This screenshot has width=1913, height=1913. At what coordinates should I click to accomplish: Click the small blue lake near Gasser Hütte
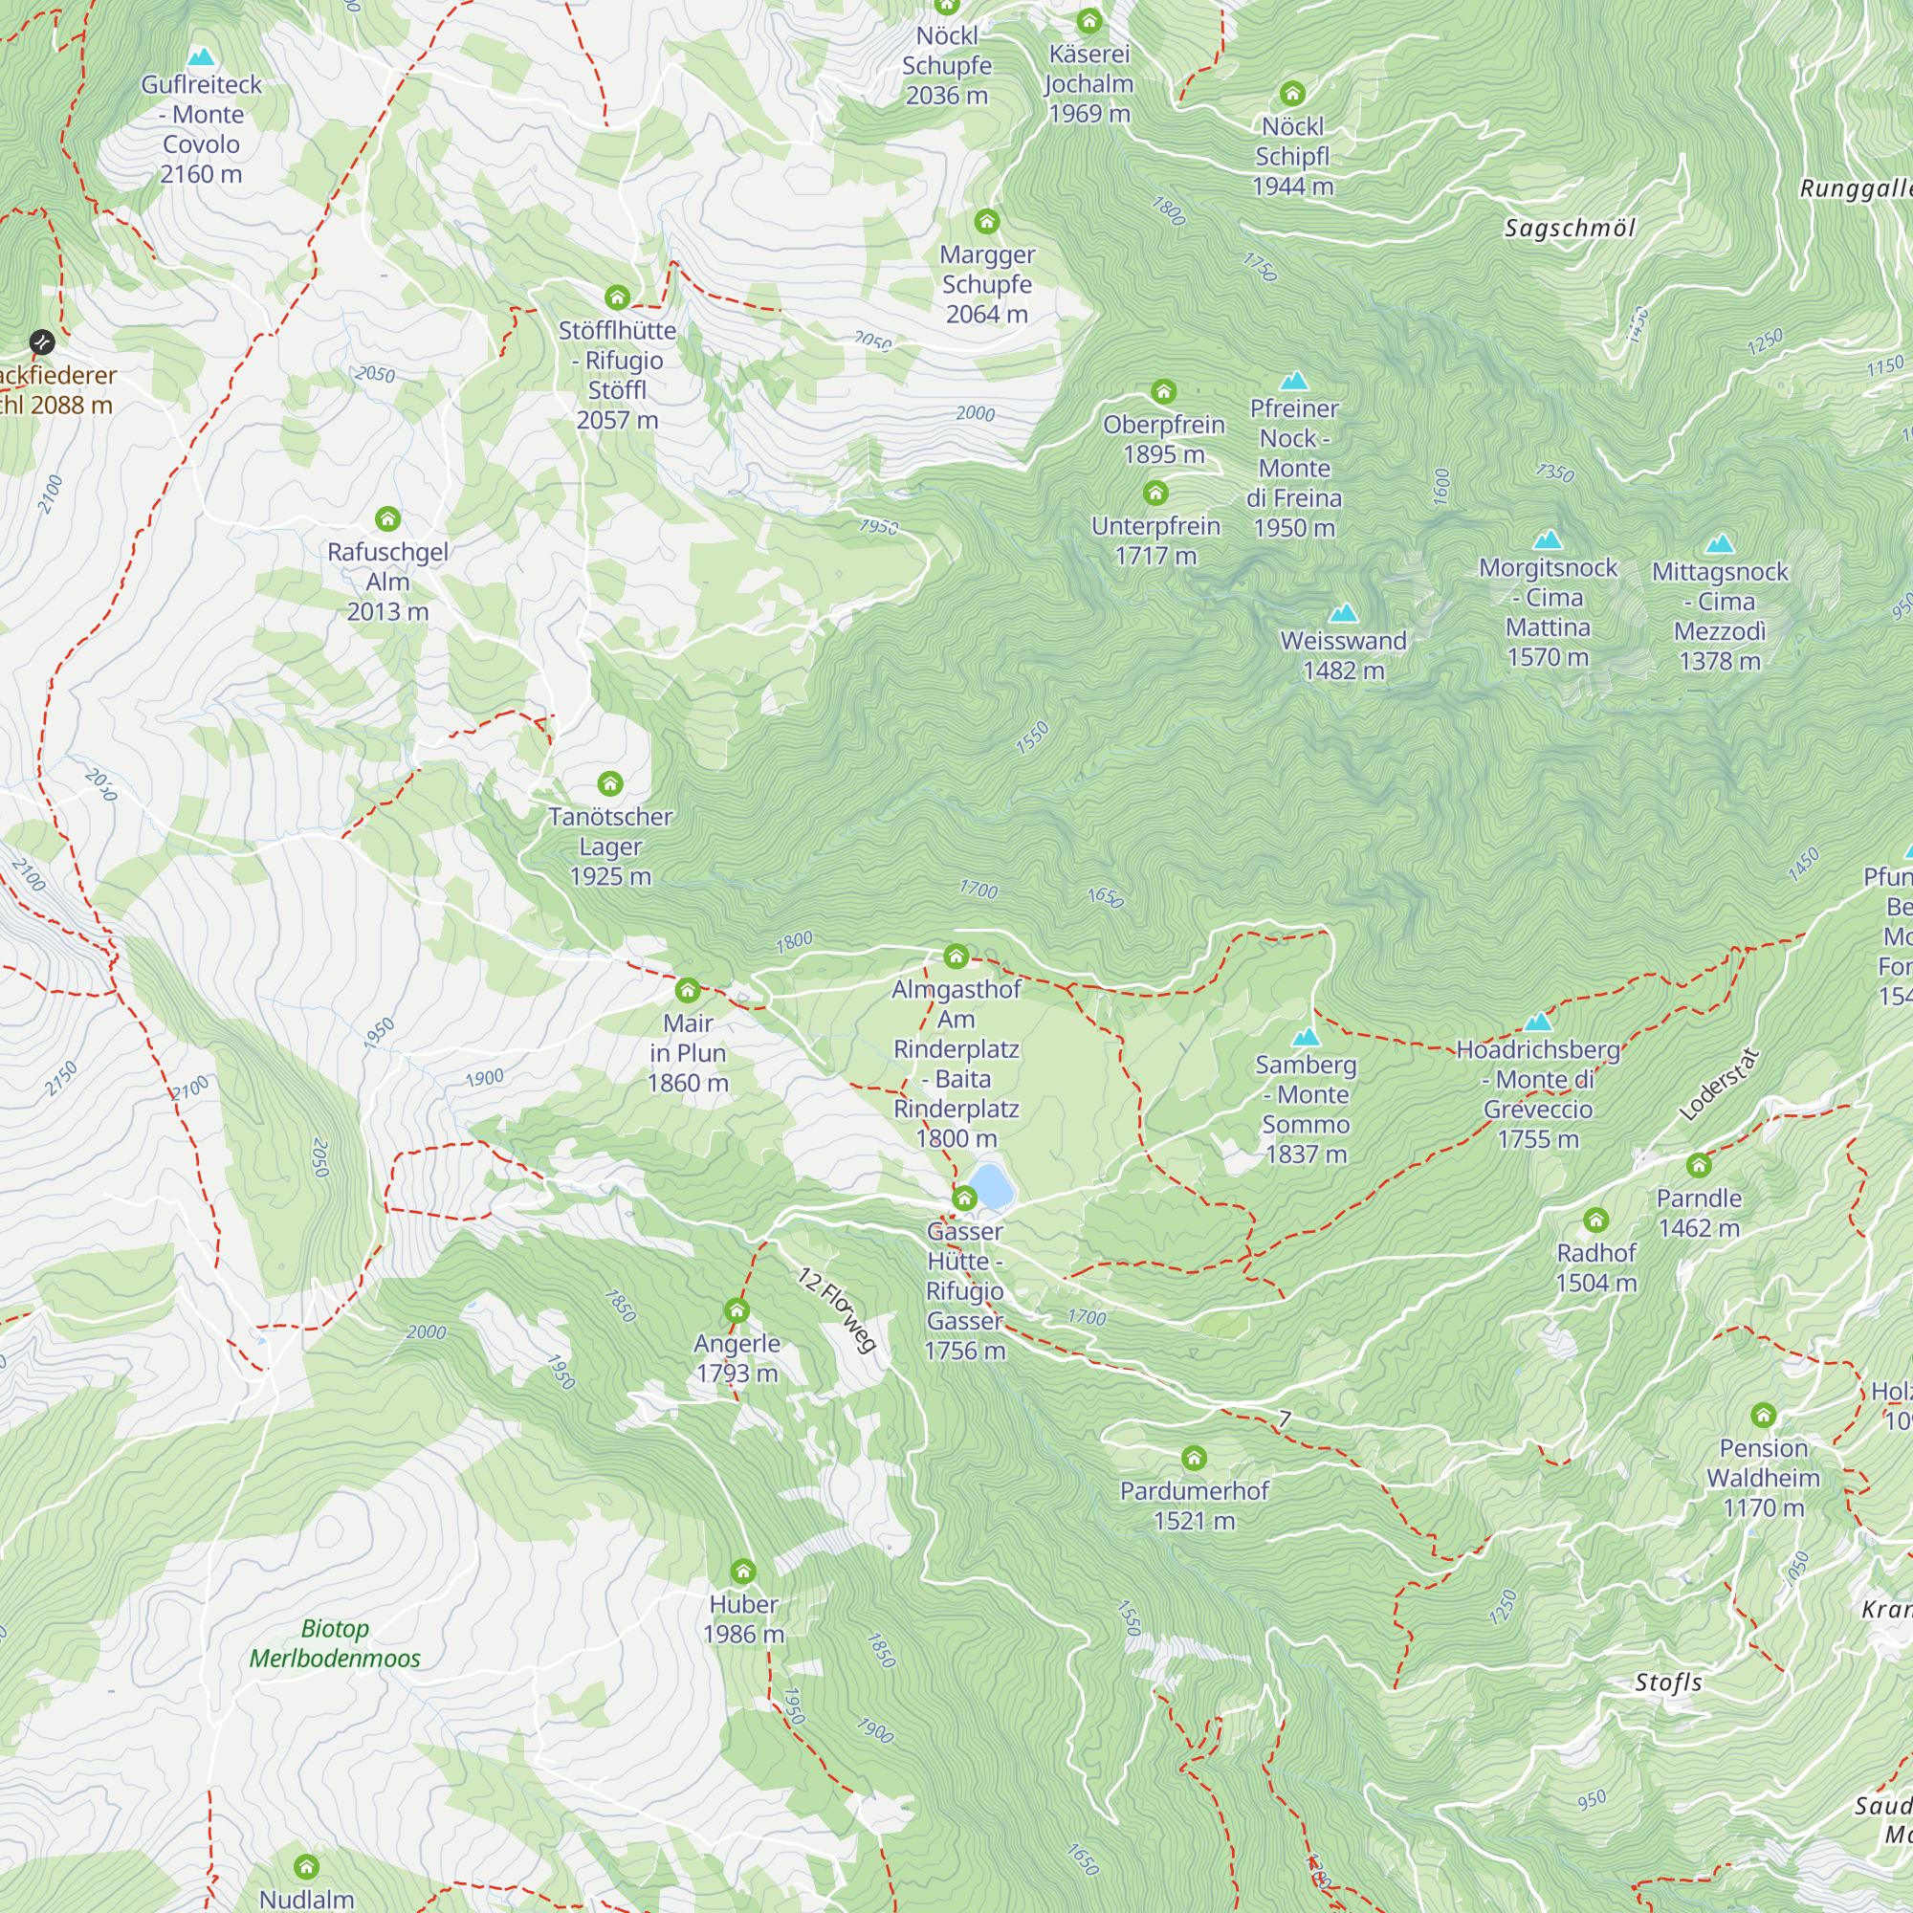[x=991, y=1185]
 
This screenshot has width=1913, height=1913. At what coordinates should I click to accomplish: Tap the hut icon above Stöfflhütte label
[x=617, y=297]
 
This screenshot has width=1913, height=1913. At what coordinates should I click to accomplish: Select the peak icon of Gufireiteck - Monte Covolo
[x=201, y=56]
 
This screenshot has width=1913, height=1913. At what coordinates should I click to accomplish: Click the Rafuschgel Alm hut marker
[x=387, y=518]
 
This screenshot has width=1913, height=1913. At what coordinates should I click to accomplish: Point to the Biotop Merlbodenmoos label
[x=335, y=1643]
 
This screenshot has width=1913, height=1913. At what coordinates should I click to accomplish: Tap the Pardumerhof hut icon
[x=1194, y=1458]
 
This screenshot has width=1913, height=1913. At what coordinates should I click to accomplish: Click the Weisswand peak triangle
[x=1343, y=613]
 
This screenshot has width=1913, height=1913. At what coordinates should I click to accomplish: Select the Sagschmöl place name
[x=1570, y=229]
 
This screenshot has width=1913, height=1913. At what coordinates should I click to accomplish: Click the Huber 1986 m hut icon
[x=742, y=1572]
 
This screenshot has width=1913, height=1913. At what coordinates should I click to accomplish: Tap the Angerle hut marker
[x=736, y=1311]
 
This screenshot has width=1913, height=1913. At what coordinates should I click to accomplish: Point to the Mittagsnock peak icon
[x=1720, y=543]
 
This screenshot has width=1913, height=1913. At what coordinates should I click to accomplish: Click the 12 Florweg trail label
[x=838, y=1309]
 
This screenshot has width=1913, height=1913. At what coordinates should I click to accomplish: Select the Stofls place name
[x=1668, y=1682]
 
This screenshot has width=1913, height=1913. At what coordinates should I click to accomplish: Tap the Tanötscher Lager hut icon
[x=610, y=784]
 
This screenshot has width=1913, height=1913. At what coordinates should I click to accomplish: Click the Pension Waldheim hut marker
[x=1763, y=1415]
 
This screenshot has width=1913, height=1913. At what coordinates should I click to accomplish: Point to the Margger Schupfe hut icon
[x=986, y=221]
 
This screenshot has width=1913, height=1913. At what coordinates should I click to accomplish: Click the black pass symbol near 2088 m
[x=41, y=342]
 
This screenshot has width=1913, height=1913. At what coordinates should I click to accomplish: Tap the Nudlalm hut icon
[x=306, y=1866]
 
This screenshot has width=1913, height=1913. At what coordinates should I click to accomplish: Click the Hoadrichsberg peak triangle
[x=1538, y=1022]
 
